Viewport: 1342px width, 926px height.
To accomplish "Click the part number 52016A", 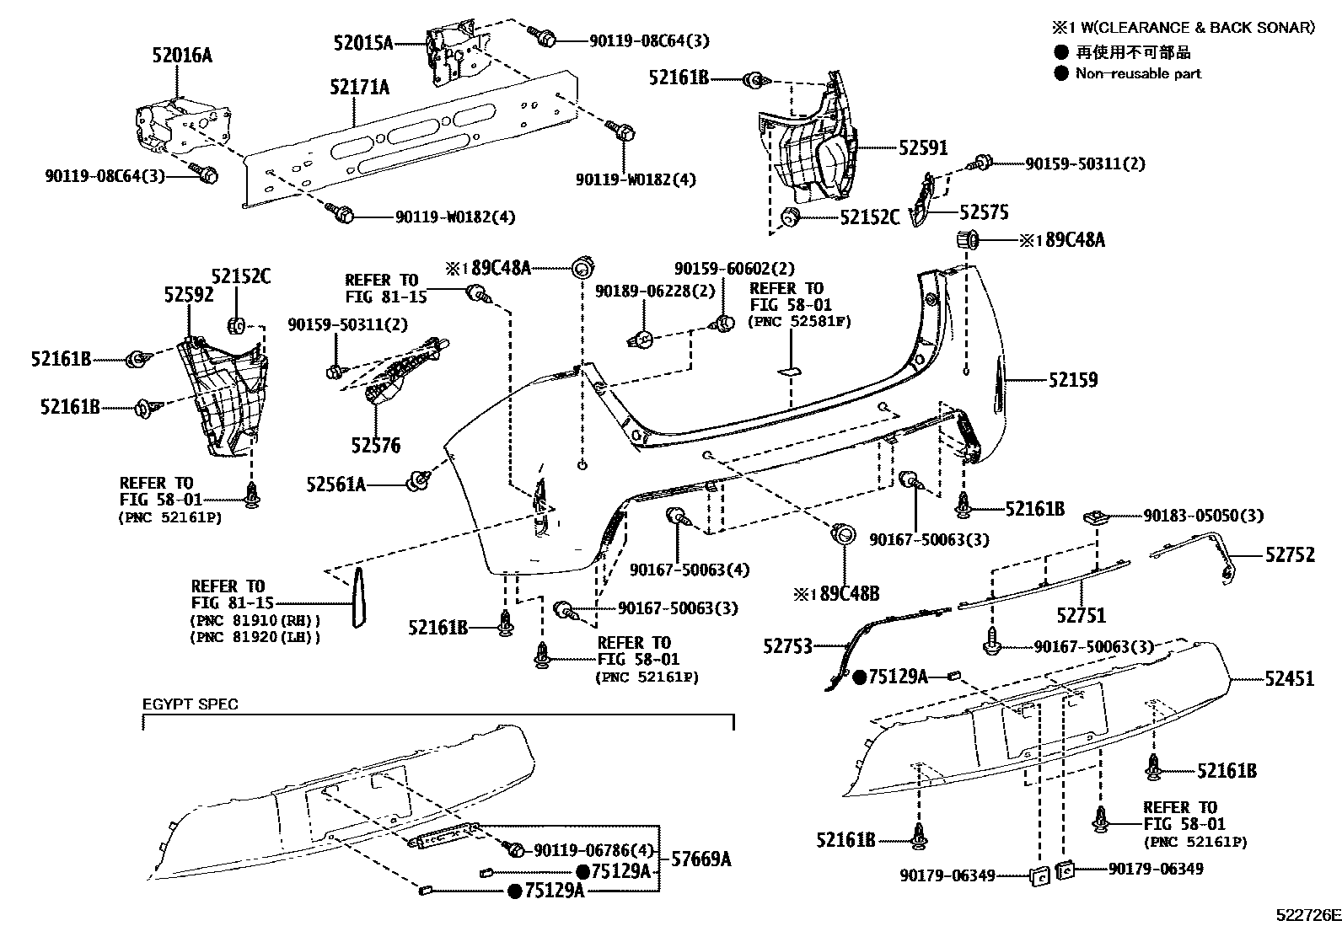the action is click(x=182, y=55).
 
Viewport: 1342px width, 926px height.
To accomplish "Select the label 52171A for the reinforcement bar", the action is click(x=359, y=88).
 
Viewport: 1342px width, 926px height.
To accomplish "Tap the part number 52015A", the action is click(x=363, y=42).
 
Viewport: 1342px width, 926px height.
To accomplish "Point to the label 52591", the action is click(x=923, y=147).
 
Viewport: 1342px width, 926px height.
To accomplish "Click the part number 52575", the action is click(x=985, y=212).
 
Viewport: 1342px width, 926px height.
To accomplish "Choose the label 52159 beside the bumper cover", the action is click(x=1073, y=380).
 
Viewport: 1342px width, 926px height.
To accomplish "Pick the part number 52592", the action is click(x=189, y=295).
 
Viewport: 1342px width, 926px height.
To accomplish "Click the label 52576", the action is click(x=376, y=445).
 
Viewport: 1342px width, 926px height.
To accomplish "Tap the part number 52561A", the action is click(x=335, y=484).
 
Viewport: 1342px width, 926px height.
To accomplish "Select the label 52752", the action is click(x=1290, y=554).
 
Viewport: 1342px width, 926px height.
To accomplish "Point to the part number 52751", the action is click(x=1082, y=615).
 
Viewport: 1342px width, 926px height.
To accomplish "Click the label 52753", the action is click(x=788, y=646).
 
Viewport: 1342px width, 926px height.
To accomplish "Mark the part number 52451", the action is click(x=1290, y=678).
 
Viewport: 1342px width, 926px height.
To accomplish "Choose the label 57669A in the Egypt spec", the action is click(x=701, y=859).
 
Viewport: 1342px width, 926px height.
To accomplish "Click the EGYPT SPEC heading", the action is click(x=190, y=704).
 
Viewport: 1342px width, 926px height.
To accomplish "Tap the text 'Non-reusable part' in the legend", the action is click(x=1138, y=73).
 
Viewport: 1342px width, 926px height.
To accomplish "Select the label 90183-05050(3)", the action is click(x=1203, y=516).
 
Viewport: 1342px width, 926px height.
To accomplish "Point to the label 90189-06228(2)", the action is click(x=655, y=291).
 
